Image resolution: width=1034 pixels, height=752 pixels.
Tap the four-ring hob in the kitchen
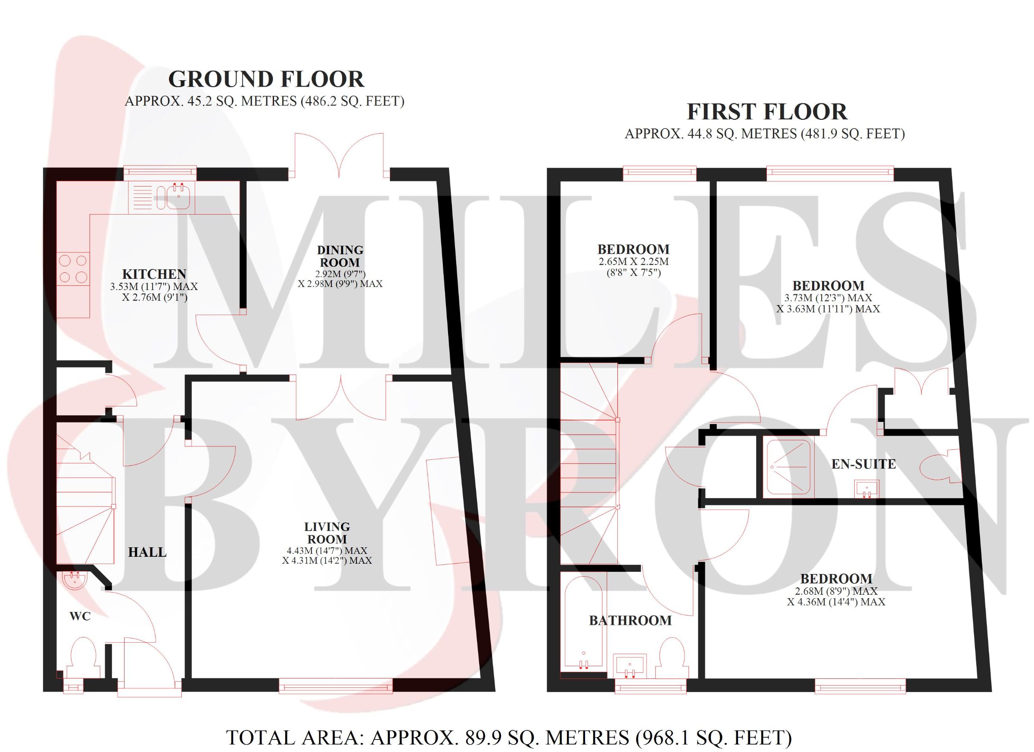[x=73, y=268]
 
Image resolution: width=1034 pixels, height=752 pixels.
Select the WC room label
[x=80, y=616]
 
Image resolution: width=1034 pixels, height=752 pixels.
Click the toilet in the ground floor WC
[x=84, y=657]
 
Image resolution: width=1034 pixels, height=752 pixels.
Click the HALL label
[x=147, y=552]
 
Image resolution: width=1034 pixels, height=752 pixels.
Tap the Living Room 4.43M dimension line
[x=327, y=550]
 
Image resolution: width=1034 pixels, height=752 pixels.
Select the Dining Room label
[x=340, y=256]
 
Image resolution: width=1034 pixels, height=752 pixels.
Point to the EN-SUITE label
[x=864, y=464]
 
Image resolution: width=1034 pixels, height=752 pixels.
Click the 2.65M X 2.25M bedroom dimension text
[x=633, y=267]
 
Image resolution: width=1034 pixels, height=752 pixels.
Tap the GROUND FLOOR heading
[x=266, y=79]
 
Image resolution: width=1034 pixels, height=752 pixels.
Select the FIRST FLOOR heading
[x=767, y=112]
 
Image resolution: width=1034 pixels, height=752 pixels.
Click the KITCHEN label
[x=154, y=274]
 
